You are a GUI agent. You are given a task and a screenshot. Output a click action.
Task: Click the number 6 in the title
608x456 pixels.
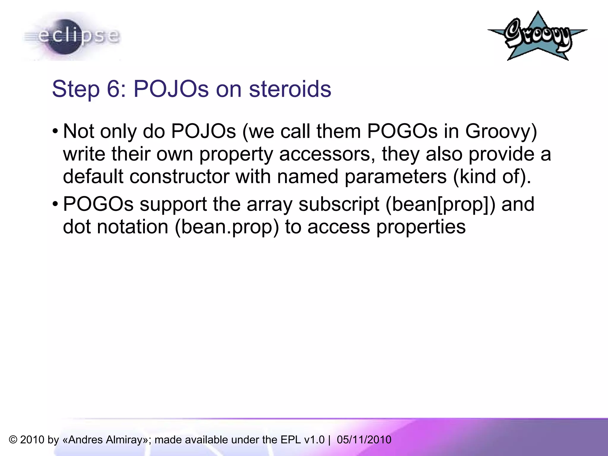pos(113,89)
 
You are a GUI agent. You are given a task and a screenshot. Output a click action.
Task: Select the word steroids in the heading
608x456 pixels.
pos(290,89)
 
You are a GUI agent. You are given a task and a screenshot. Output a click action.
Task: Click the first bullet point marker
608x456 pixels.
pos(55,131)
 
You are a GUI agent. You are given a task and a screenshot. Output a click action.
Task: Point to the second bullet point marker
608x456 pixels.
pos(55,204)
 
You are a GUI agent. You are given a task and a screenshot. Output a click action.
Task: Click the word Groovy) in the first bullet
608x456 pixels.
pos(501,131)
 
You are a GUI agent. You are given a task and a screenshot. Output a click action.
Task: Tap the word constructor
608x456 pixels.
pos(179,176)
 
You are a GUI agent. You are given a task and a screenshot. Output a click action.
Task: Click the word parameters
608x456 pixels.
pos(395,176)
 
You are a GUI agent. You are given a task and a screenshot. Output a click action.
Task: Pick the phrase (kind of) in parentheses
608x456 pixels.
pos(491,176)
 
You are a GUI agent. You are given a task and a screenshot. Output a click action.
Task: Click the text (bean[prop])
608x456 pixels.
pos(440,204)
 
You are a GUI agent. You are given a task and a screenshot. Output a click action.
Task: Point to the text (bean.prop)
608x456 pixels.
pos(227,227)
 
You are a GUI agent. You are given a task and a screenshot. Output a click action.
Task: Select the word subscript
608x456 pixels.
pos(339,204)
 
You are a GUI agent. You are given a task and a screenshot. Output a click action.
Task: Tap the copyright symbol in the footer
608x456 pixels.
pos(13,440)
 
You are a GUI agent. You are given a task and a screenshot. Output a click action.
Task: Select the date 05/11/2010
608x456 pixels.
pos(364,440)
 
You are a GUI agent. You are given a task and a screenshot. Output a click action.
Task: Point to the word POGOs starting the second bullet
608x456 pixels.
pos(98,204)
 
